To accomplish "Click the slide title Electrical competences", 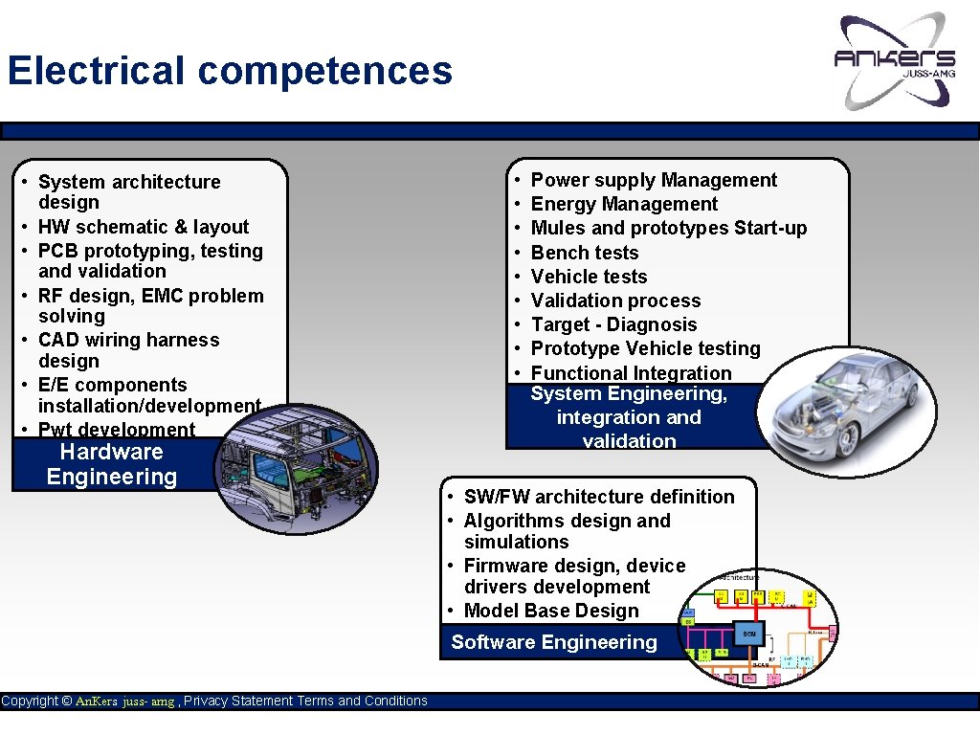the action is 230,72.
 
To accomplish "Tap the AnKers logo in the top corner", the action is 895,60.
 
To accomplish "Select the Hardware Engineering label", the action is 112,464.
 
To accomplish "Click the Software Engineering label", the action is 554,642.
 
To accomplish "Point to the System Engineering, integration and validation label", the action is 629,417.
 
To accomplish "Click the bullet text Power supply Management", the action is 654,180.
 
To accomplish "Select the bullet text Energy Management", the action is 624,204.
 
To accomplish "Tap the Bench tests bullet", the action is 585,253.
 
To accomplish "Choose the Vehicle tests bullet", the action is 589,277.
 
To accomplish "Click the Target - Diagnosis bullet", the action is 613,324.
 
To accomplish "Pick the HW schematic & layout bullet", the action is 144,227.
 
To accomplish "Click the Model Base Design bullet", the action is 551,611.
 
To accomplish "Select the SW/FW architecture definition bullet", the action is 599,497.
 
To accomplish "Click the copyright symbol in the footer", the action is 66,702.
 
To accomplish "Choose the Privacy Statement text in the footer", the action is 238,702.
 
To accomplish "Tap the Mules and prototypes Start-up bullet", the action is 669,228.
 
